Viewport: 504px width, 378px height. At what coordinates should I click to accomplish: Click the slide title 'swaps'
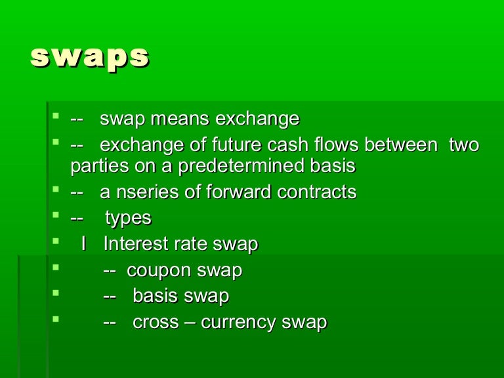pyautogui.click(x=89, y=58)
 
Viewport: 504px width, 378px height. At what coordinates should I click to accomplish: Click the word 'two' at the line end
pyautogui.click(x=464, y=145)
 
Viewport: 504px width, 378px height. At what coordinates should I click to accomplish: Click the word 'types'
pyautogui.click(x=128, y=219)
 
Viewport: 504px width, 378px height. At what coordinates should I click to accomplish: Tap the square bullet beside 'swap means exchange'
pyautogui.click(x=55, y=117)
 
